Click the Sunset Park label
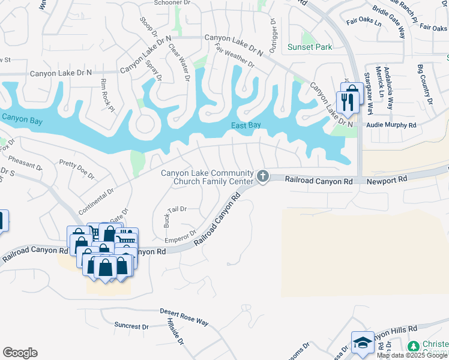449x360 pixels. coord(309,47)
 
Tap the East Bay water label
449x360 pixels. coord(246,125)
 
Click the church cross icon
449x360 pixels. coord(262,176)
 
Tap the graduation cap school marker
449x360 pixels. coord(363,343)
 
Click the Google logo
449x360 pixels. coord(20,353)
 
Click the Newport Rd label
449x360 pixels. coord(387,179)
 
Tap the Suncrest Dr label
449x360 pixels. coord(131,326)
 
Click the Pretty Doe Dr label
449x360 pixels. coord(77,169)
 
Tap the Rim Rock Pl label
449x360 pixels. coord(107,95)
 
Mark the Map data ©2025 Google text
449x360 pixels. coord(412,355)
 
